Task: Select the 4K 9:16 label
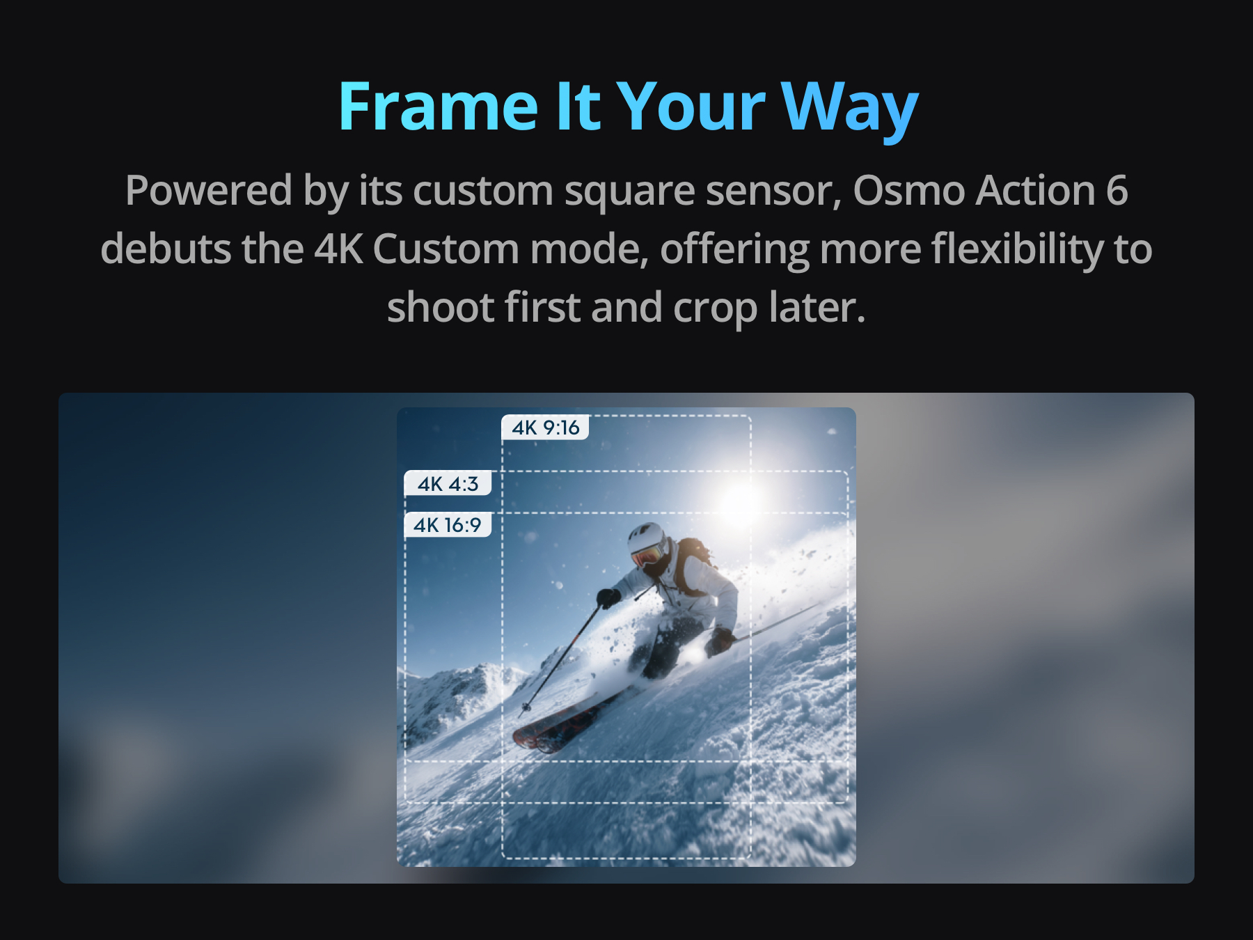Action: tap(545, 427)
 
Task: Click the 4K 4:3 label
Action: tap(448, 483)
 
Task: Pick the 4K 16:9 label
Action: tap(448, 524)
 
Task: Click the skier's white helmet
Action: tap(647, 538)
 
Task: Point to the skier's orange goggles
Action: tap(647, 556)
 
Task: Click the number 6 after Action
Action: tap(1117, 191)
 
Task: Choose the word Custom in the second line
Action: tap(446, 249)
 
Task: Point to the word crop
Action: tap(715, 309)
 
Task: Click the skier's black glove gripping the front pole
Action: tap(608, 598)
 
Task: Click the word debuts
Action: tap(166, 249)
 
